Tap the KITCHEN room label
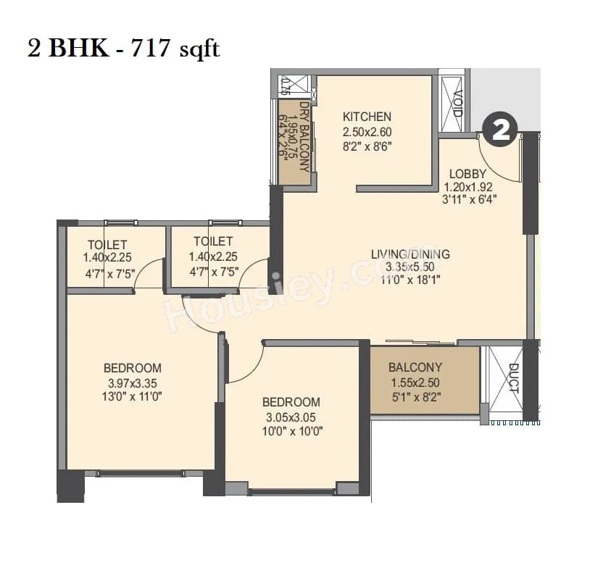pos(367,117)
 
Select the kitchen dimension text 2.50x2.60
pos(367,132)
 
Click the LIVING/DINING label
pos(410,254)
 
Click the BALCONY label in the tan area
pos(415,368)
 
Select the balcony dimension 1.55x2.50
pos(415,383)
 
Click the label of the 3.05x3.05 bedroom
pos(291,402)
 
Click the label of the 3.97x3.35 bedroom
pos(132,367)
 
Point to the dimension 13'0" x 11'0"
pos(132,396)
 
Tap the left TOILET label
pos(107,244)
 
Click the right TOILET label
pos(213,241)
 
